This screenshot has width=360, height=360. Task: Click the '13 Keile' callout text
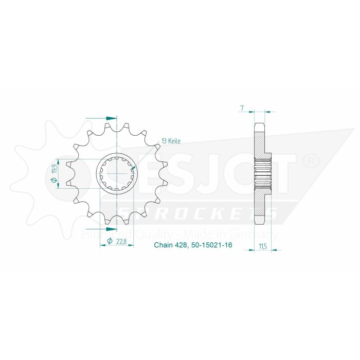(171, 140)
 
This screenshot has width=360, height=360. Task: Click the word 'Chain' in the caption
(164, 245)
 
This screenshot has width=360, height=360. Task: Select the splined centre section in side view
(263, 174)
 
